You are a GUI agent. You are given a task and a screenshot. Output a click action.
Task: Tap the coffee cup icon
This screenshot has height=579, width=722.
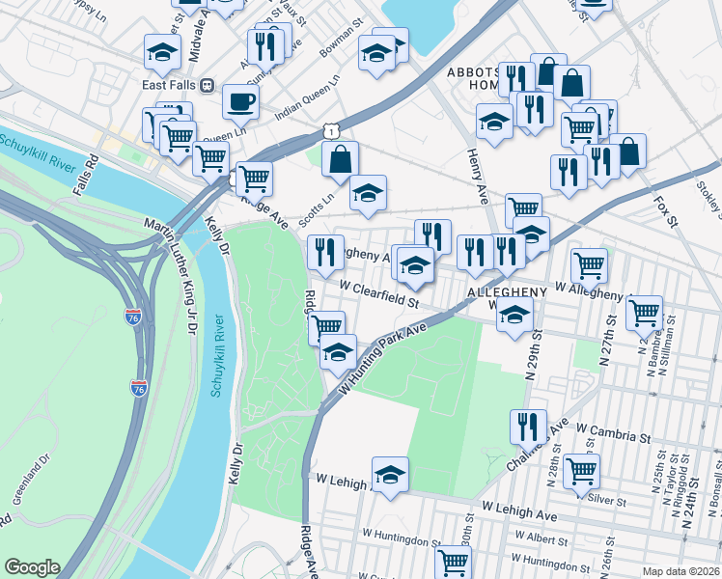240,100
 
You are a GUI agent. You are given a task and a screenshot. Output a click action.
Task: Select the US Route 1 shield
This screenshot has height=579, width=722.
331,129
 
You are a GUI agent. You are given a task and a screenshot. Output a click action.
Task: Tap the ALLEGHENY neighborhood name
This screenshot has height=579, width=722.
507,291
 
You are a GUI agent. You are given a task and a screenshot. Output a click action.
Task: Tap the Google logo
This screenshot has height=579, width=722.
32,567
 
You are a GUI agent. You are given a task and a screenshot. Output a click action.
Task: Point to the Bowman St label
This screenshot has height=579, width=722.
342,44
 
